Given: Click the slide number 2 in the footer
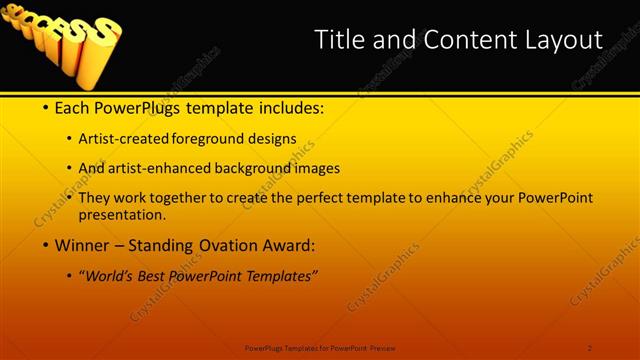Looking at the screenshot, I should pyautogui.click(x=590, y=347).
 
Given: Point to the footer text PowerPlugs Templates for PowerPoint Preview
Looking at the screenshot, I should pyautogui.click(x=320, y=347).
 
